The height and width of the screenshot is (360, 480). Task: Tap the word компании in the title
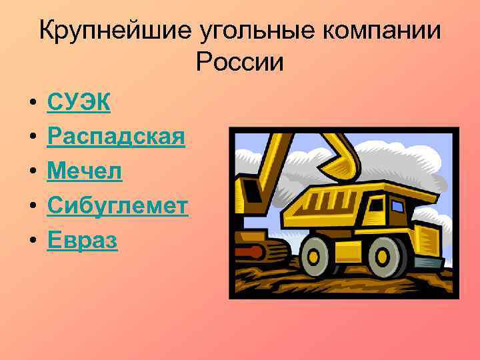pos(366,31)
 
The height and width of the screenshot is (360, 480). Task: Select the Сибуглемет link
pos(117,206)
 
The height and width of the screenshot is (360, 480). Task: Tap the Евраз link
pos(82,241)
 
